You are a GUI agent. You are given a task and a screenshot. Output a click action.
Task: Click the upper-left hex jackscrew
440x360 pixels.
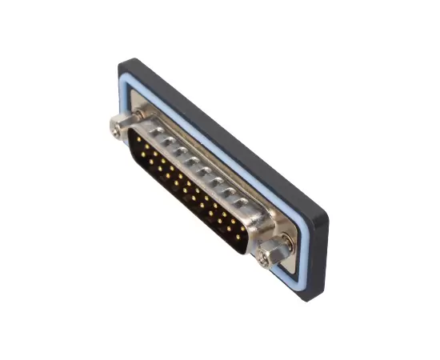pyautogui.click(x=118, y=125)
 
